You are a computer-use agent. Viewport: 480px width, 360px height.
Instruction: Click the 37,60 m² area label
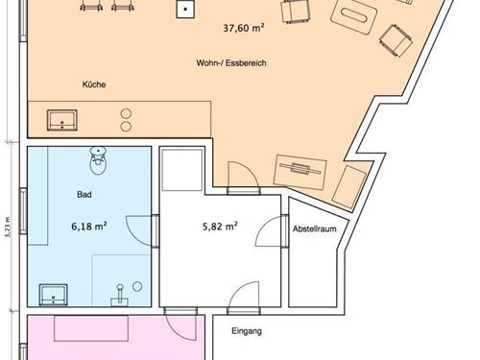244,28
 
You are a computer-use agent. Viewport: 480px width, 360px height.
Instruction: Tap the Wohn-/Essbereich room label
231,63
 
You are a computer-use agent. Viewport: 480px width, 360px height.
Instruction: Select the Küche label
94,84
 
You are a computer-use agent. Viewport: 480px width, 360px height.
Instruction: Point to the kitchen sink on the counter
62,120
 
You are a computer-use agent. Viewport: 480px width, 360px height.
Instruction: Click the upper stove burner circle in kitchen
126,114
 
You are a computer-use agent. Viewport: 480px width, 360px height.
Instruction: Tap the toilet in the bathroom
98,160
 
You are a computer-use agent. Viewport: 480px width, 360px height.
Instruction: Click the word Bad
84,194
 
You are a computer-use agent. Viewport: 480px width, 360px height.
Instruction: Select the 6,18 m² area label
89,227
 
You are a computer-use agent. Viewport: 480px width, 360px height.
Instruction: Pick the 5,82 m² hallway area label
220,227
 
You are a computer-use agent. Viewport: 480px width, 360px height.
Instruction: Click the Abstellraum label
315,228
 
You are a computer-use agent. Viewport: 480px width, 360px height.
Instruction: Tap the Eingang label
247,331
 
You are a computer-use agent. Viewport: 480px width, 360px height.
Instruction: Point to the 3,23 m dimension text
8,227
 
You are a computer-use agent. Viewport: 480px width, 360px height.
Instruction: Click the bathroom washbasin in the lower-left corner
53,295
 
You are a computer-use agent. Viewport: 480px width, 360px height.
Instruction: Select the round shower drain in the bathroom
137,286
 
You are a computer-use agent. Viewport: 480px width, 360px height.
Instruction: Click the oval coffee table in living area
353,15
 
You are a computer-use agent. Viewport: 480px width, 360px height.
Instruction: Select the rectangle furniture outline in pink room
91,328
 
